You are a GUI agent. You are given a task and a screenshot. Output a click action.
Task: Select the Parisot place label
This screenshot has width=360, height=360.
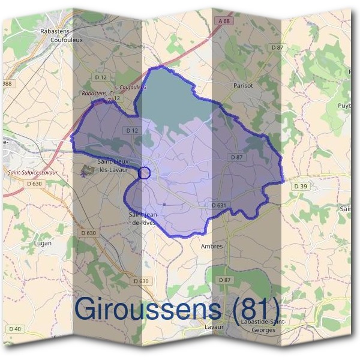coord(243,86)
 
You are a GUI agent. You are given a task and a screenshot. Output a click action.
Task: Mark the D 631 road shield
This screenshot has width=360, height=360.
coord(219,205)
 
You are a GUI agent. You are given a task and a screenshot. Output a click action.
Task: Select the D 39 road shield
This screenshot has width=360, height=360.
coord(301,187)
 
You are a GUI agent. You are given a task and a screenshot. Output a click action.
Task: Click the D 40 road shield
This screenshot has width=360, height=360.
coord(15,329)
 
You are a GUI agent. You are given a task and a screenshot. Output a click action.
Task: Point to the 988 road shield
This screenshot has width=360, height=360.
coord(7,83)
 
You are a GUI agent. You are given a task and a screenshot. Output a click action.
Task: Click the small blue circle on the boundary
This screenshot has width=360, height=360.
coord(143,173)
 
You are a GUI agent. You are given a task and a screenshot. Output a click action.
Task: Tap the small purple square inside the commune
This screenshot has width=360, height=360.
coord(163,206)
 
